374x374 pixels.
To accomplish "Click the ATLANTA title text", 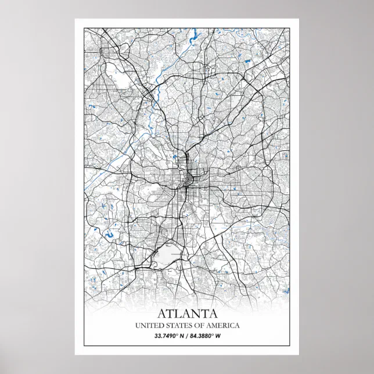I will pos(186,314).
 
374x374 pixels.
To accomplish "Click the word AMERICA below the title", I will pos(221,325).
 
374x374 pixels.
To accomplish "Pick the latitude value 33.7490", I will pos(167,336).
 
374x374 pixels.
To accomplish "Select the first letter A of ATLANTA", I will pos(161,314).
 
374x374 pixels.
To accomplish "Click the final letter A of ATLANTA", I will pos(213,314).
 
